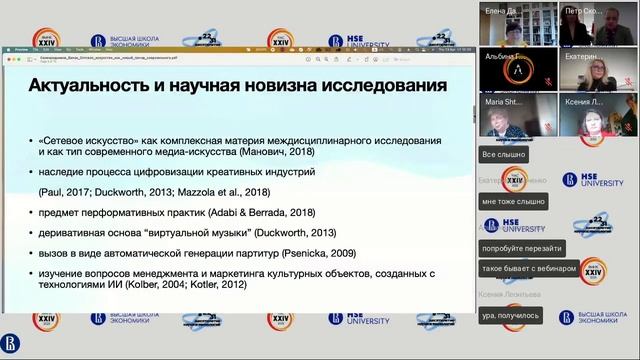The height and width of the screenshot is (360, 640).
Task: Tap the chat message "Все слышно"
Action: coord(502,156)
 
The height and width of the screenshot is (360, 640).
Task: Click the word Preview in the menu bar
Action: coord(23,47)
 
